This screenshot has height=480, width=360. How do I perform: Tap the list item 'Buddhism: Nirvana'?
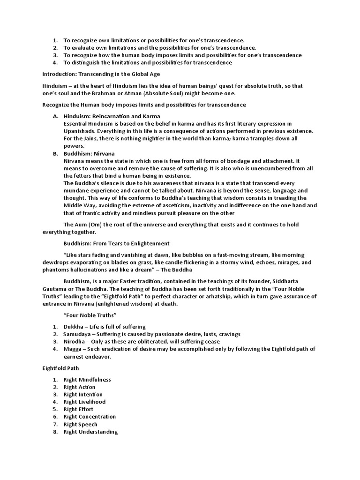tap(89, 153)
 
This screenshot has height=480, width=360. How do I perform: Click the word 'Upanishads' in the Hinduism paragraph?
tap(80, 131)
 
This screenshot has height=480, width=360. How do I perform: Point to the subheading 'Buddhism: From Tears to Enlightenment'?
tap(116, 244)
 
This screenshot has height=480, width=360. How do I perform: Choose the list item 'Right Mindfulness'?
tap(87, 379)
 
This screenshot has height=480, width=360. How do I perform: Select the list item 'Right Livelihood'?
tap(84, 402)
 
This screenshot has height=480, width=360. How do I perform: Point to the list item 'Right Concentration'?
tap(90, 417)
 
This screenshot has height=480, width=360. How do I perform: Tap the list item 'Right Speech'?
tap(80, 424)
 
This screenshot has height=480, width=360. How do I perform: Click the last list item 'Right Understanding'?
tap(90, 432)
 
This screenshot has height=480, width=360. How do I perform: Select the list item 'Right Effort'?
tap(78, 409)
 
